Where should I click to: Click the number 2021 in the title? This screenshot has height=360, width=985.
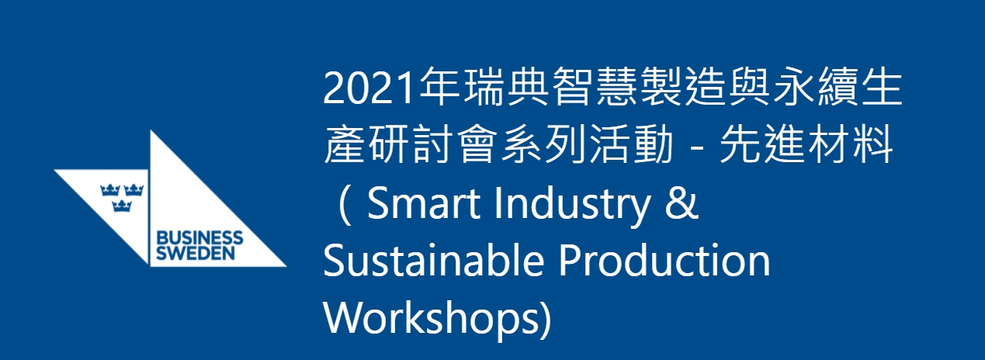click(369, 87)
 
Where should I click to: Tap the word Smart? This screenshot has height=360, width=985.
click(422, 203)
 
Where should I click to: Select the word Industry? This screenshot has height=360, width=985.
click(572, 205)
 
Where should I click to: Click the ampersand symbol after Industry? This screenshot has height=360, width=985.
click(682, 203)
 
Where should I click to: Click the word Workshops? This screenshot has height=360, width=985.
click(431, 320)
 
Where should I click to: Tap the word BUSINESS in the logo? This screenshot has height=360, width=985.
click(199, 238)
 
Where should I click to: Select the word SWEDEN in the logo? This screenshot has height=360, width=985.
click(196, 254)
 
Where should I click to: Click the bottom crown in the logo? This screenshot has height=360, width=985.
click(122, 206)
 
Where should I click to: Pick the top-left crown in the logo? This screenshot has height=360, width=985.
click(110, 189)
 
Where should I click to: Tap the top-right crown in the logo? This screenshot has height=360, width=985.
click(134, 189)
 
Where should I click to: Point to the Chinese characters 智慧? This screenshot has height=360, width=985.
click(593, 87)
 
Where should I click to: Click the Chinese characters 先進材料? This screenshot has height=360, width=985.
click(806, 144)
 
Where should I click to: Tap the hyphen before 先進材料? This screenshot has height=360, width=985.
click(696, 147)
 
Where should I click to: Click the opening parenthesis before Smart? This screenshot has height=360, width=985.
click(346, 206)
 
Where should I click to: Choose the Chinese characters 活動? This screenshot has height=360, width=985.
click(631, 144)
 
